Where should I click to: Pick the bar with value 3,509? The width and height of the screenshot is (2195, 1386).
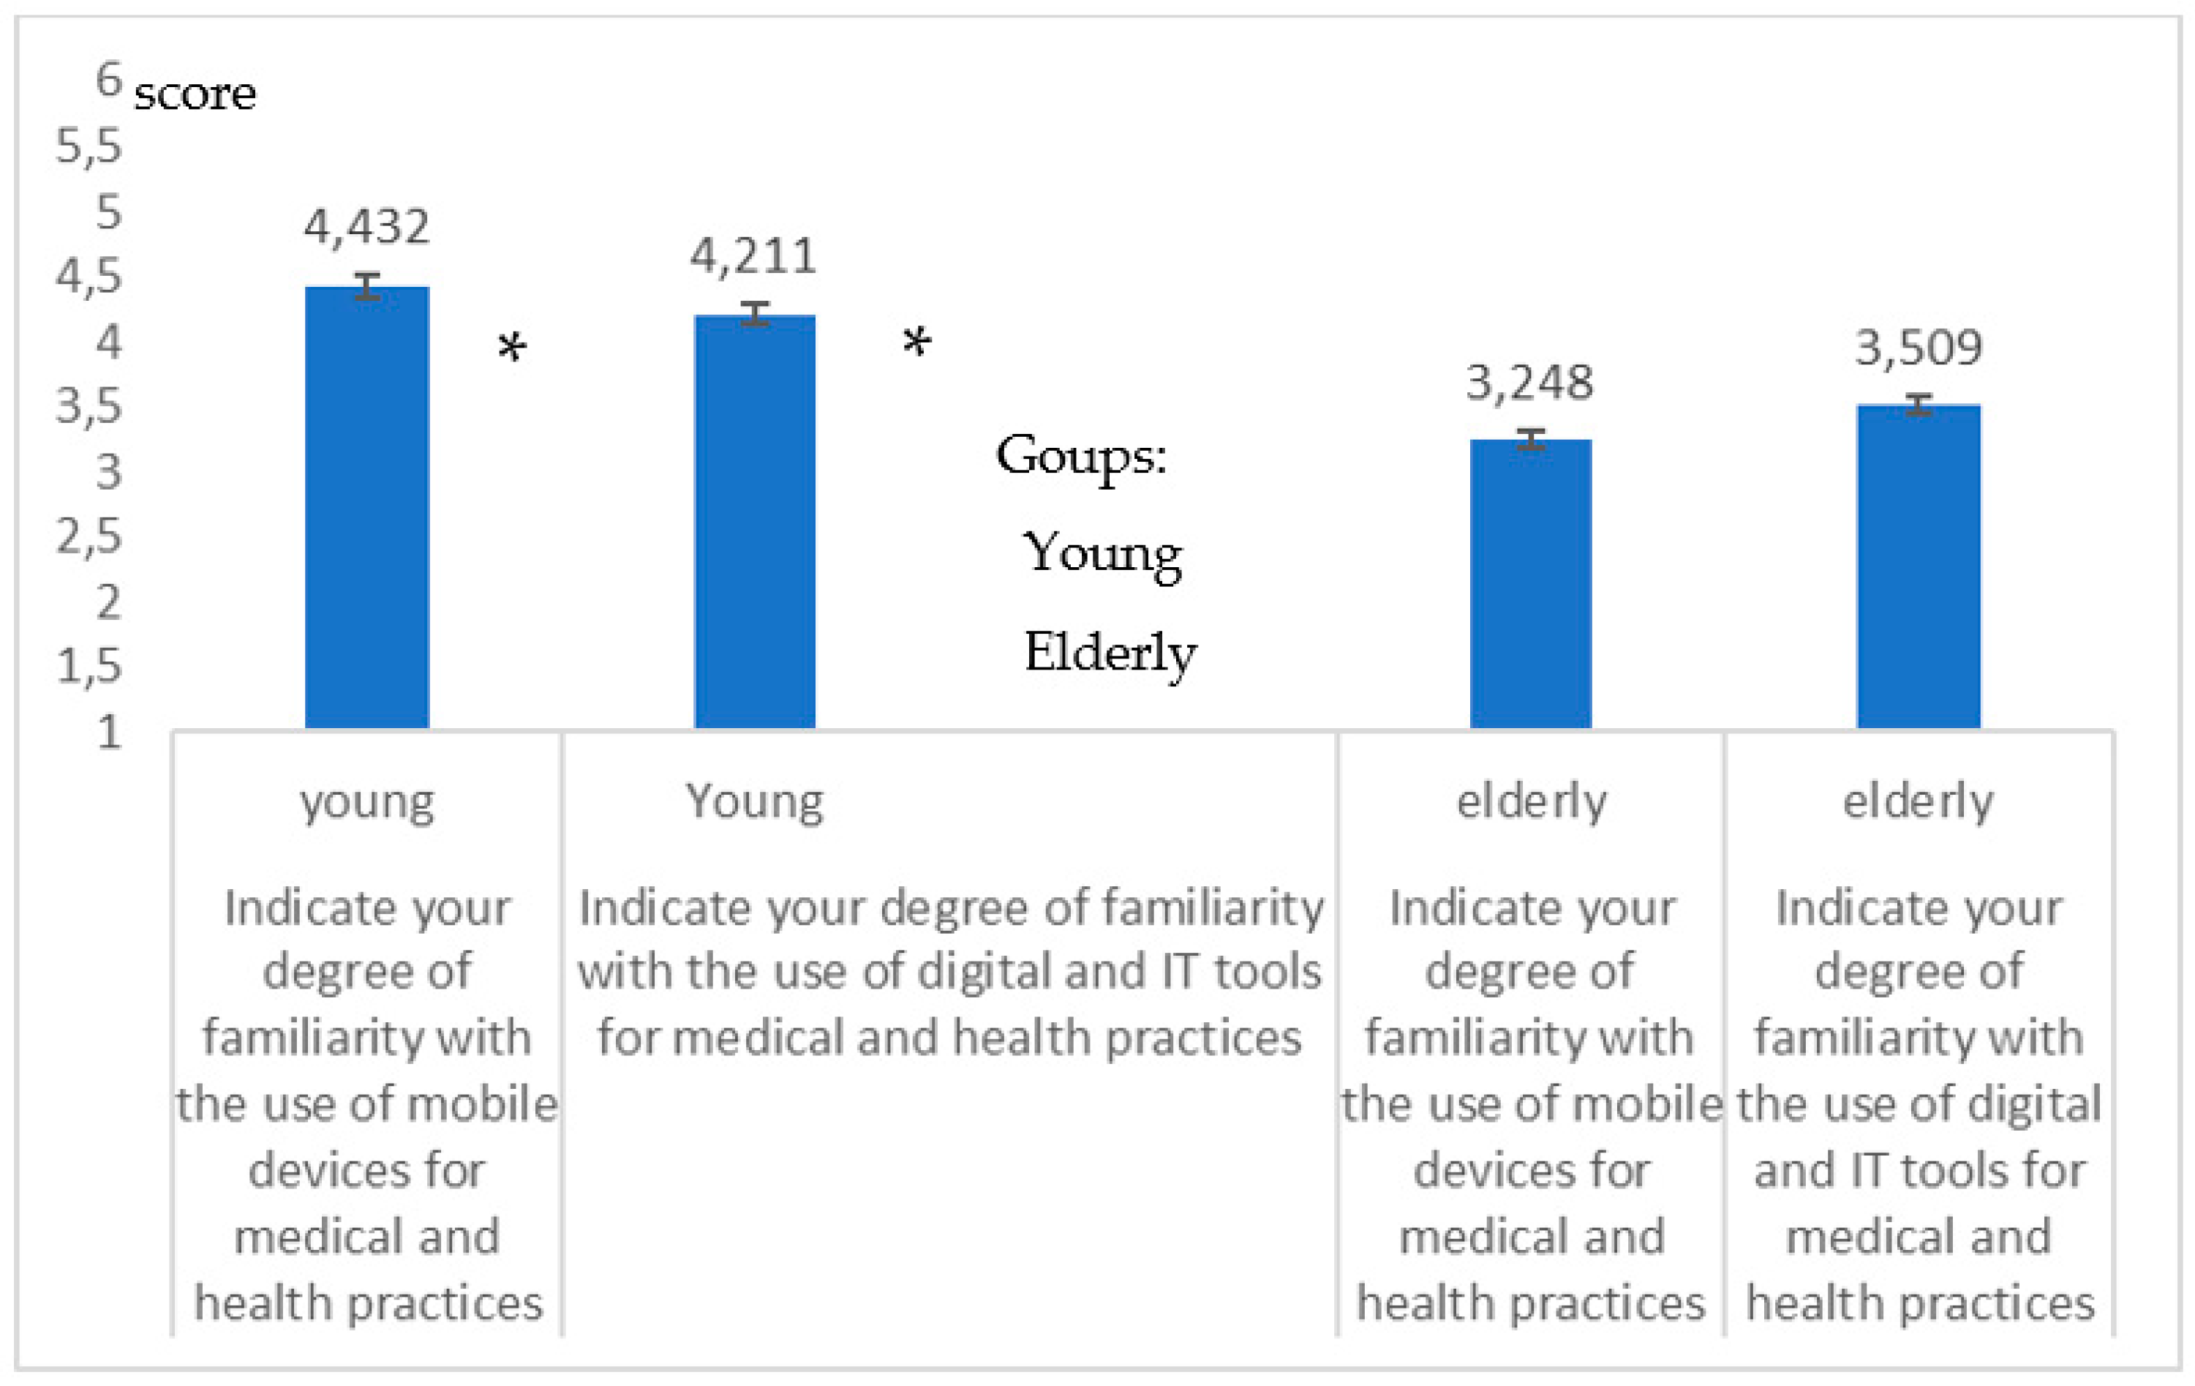[1919, 566]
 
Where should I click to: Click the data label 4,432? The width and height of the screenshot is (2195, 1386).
[366, 226]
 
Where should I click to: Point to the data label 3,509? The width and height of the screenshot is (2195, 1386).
[1919, 348]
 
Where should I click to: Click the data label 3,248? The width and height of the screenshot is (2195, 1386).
[1529, 382]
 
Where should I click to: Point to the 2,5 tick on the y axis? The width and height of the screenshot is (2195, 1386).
[89, 536]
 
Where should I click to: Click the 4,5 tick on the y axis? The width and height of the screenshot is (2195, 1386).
[89, 275]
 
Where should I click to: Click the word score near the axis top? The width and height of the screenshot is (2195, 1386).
[195, 94]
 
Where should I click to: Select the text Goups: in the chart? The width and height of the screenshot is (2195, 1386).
[1081, 455]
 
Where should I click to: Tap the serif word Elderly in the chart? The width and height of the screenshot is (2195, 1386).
[1110, 653]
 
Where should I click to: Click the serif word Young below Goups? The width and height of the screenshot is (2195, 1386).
[1102, 552]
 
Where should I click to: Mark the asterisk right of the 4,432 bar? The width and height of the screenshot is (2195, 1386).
[512, 347]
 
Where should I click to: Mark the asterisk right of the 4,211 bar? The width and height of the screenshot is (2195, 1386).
[917, 343]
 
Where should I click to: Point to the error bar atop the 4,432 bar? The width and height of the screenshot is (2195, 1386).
[366, 285]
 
